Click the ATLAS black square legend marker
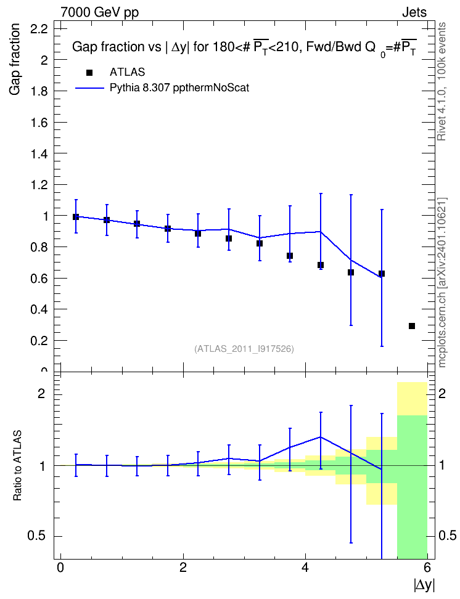(89, 73)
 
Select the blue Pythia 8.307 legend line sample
(89, 88)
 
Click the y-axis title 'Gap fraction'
(15, 59)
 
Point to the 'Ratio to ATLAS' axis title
(17, 466)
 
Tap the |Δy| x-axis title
(424, 585)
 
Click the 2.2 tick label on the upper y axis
(39, 28)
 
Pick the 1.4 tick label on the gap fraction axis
(39, 153)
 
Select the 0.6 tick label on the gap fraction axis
(39, 279)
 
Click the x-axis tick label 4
(305, 568)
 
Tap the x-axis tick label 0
(60, 568)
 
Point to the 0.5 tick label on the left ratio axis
(37, 536)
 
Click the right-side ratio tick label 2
(442, 393)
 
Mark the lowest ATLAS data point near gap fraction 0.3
(412, 326)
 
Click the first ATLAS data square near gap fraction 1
(76, 217)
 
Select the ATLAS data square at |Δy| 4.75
(351, 272)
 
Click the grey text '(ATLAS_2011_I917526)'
(244, 349)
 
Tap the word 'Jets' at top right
(414, 12)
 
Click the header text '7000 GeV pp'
(99, 12)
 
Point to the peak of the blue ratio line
(321, 437)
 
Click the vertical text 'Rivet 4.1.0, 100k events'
(442, 81)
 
